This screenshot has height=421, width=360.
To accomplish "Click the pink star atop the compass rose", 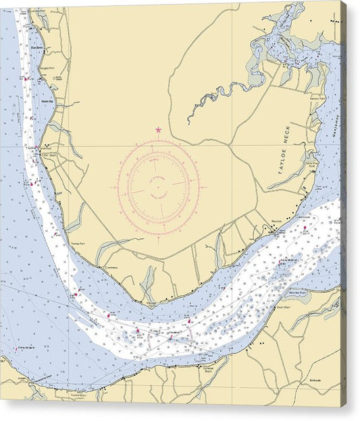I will (x=159, y=130).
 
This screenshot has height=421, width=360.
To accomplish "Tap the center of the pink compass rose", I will (x=158, y=186).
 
